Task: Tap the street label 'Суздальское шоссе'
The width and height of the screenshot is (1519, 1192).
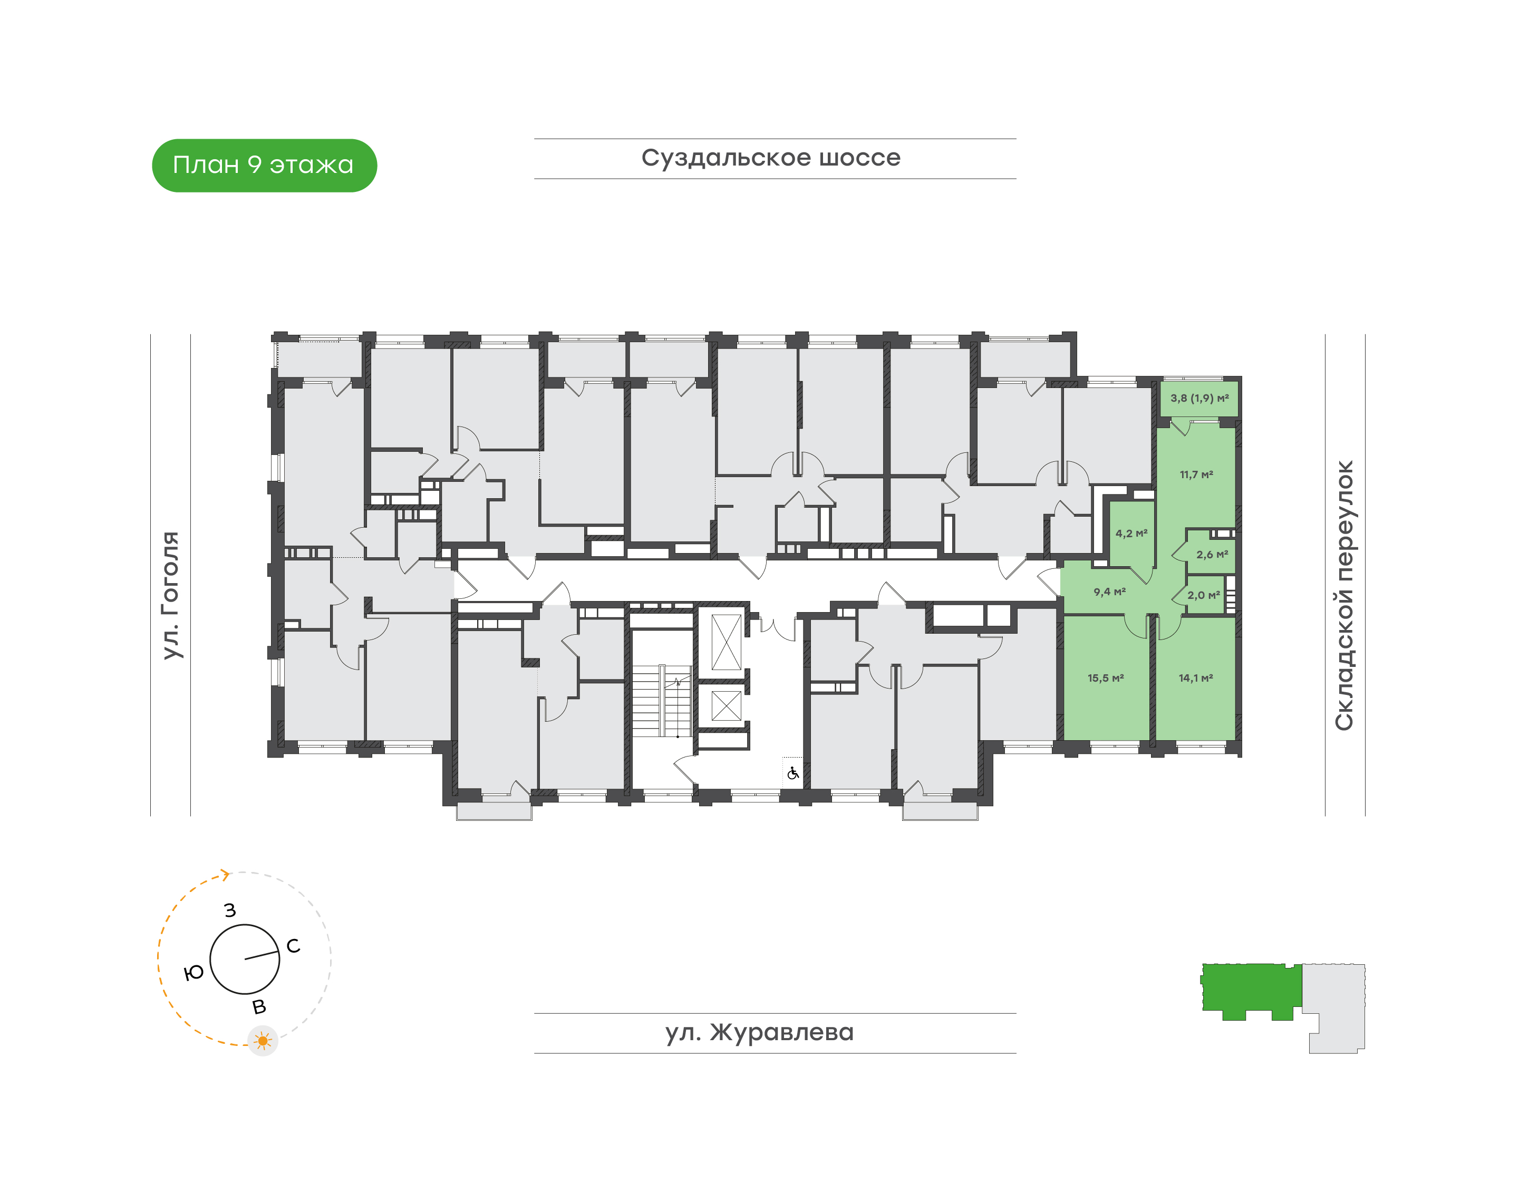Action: click(x=771, y=158)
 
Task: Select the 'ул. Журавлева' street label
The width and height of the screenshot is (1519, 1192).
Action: click(x=759, y=1032)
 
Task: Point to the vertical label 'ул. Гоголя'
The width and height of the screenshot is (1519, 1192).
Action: click(x=171, y=595)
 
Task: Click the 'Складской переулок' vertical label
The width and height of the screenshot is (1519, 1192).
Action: click(x=1344, y=595)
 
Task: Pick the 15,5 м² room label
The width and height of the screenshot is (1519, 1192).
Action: click(x=1106, y=677)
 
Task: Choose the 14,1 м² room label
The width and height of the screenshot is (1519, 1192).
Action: click(x=1196, y=677)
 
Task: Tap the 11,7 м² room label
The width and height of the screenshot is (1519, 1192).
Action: click(x=1196, y=474)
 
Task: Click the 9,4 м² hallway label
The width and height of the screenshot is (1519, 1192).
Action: click(x=1110, y=592)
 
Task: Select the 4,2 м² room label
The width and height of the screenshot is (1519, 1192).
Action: click(x=1131, y=533)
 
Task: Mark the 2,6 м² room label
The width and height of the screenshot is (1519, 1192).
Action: click(x=1212, y=555)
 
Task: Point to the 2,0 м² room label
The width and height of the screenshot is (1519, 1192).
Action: click(x=1204, y=595)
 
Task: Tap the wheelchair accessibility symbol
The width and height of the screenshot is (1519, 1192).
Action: click(x=793, y=773)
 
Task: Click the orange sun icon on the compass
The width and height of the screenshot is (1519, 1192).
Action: click(x=263, y=1041)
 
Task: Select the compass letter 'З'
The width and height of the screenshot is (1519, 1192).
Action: click(x=230, y=910)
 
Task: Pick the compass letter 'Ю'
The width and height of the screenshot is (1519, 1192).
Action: click(x=193, y=973)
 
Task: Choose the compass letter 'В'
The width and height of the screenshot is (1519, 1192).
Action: click(x=259, y=1007)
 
